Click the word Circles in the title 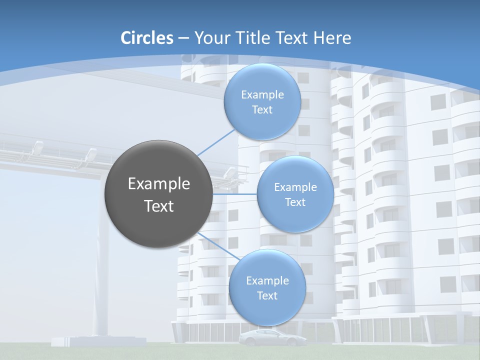147,38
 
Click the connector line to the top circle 216,142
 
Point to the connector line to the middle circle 235,194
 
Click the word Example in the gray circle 159,184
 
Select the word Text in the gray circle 159,206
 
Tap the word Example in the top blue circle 262,94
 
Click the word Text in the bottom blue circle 267,295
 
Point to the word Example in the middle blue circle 295,187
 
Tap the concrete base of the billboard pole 98,341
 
